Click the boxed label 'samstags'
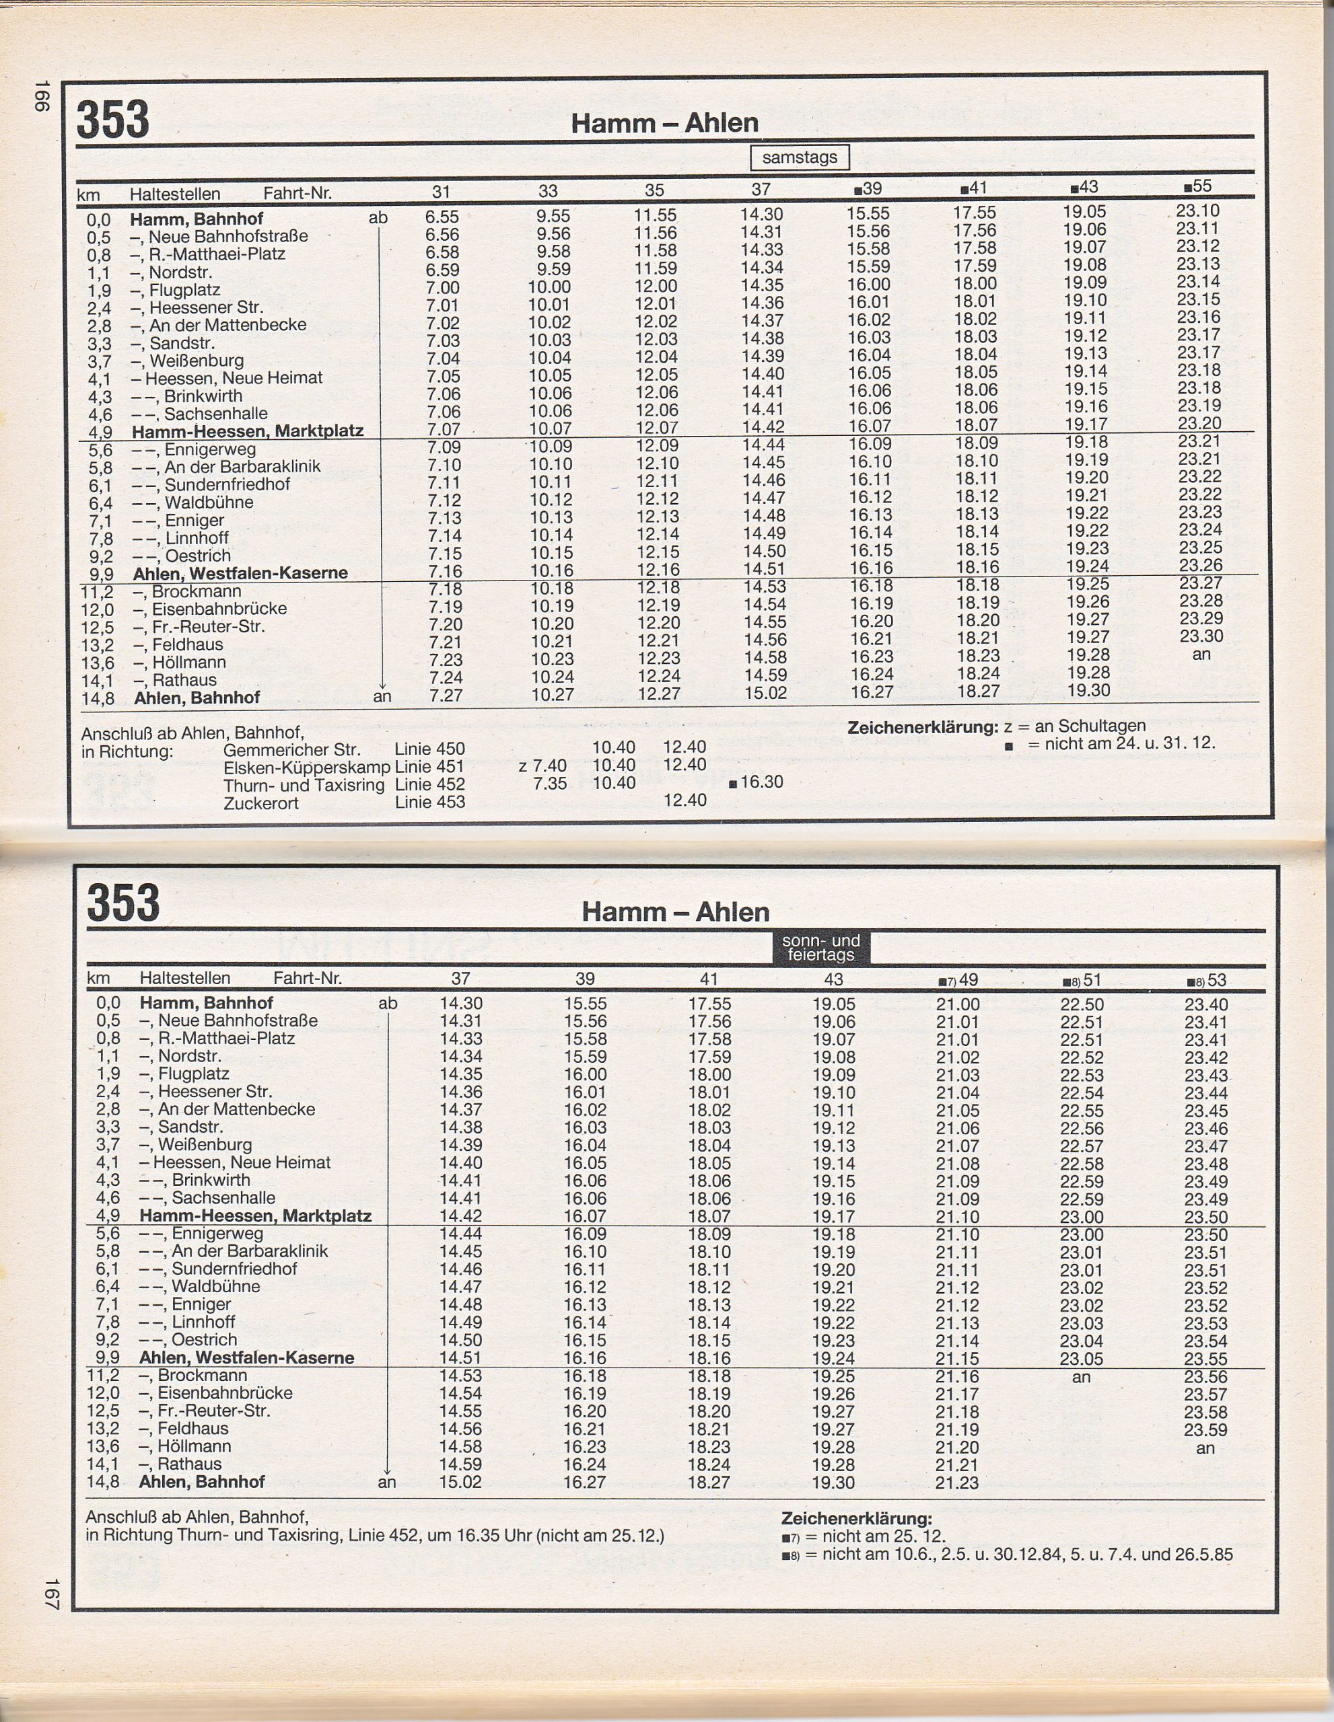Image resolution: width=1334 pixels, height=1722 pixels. pyautogui.click(x=799, y=157)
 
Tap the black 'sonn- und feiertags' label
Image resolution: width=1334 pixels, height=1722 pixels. pyautogui.click(x=820, y=947)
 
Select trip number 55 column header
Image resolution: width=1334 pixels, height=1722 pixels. pyautogui.click(x=1197, y=186)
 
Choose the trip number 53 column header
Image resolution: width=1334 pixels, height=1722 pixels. pyautogui.click(x=1207, y=980)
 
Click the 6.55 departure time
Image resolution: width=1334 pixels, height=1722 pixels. pyautogui.click(x=442, y=217)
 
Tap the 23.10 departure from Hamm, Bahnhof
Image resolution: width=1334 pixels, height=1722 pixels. pyautogui.click(x=1197, y=211)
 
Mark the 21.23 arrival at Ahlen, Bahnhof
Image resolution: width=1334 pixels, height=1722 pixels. pyautogui.click(x=957, y=1483)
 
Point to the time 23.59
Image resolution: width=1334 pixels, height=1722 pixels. pyautogui.click(x=1205, y=1429)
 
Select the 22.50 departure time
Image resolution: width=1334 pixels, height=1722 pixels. pyautogui.click(x=1081, y=1004)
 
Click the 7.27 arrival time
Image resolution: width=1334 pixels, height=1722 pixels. pyautogui.click(x=445, y=696)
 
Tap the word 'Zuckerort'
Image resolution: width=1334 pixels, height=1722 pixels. pyautogui.click(x=261, y=803)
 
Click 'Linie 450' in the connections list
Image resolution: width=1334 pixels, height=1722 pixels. pyautogui.click(x=430, y=749)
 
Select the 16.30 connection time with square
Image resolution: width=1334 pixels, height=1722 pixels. pyautogui.click(x=757, y=782)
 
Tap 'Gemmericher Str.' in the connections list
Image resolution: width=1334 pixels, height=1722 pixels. pyautogui.click(x=291, y=749)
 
